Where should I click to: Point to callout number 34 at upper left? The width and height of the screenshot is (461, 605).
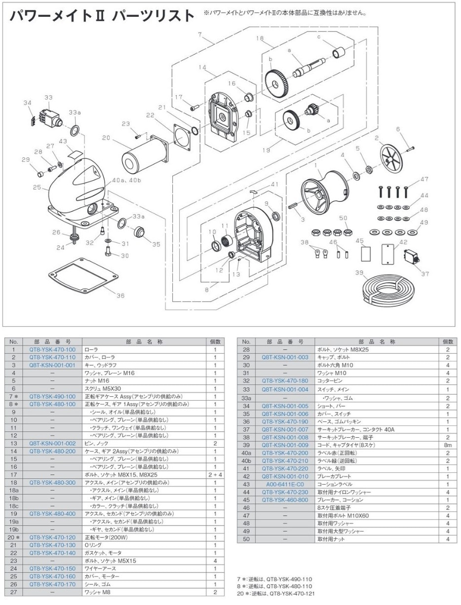coord(27,102)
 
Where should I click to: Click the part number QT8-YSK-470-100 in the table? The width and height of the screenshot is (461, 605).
coord(52,349)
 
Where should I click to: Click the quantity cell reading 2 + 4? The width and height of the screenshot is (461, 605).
coord(215,475)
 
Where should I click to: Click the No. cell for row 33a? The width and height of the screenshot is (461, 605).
coord(246,398)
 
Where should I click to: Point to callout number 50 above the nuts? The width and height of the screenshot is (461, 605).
coord(343,218)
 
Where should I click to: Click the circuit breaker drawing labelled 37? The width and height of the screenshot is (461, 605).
coord(411,257)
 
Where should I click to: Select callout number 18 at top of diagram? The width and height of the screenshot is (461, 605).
coord(260,38)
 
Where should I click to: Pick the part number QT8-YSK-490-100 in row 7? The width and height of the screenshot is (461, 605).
coord(52,396)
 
